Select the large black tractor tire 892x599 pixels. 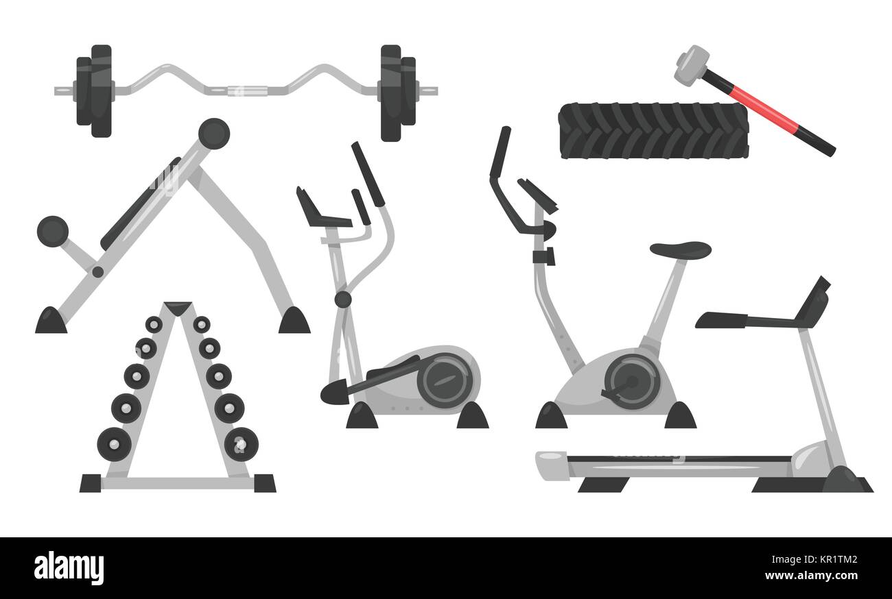pos(653,131)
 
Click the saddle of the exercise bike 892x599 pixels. pos(680,250)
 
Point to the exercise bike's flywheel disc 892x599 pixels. pos(631,382)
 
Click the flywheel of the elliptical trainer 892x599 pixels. pos(447,380)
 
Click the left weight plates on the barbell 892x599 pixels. pos(94,91)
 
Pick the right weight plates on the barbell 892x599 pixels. pos(398,93)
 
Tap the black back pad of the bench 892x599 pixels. pos(140,204)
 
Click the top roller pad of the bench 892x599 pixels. pos(214,133)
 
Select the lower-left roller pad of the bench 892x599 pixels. pos(53,232)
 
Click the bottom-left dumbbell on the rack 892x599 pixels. pos(115,444)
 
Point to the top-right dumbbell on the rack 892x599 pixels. pos(202,325)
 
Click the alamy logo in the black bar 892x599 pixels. pos(69,567)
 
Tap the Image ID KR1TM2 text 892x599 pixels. pos(814,560)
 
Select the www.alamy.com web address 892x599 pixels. pos(811,576)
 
